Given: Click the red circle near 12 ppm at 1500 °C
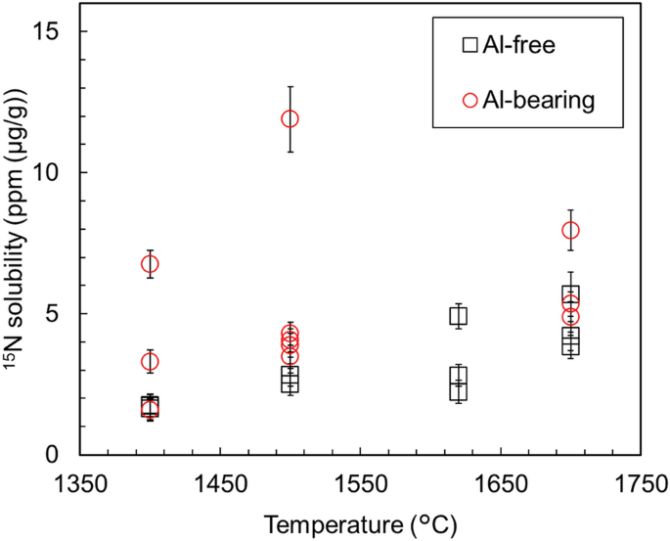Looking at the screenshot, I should tap(290, 118).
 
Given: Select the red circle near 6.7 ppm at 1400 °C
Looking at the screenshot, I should tap(150, 264).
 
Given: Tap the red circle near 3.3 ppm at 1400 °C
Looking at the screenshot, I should tap(150, 362).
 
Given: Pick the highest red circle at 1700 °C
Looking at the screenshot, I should tap(570, 230).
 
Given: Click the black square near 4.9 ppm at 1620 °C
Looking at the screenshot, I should tap(458, 315).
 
